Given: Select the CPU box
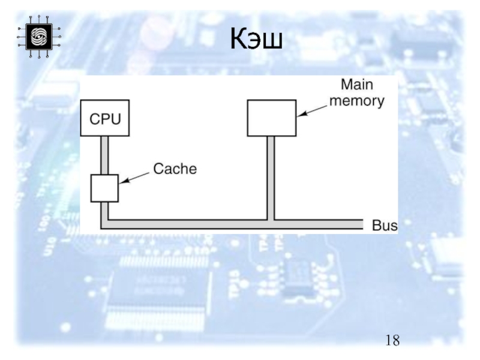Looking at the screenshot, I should pyautogui.click(x=105, y=118).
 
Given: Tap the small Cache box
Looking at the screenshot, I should pyautogui.click(x=104, y=188).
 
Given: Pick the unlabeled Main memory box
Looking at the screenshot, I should pyautogui.click(x=271, y=118).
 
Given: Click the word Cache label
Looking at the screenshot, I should pyautogui.click(x=175, y=169).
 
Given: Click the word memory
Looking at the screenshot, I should pyautogui.click(x=358, y=101).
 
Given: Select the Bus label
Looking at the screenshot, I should pyautogui.click(x=385, y=226).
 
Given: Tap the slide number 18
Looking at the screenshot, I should pyautogui.click(x=392, y=341).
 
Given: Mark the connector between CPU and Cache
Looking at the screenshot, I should pyautogui.click(x=104, y=155).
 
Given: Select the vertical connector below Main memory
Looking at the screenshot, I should pyautogui.click(x=271, y=177).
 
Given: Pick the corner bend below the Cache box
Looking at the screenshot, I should pyautogui.click(x=105, y=224).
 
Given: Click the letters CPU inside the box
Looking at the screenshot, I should pyautogui.click(x=105, y=119).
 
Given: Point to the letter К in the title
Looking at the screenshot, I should pyautogui.click(x=240, y=41).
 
